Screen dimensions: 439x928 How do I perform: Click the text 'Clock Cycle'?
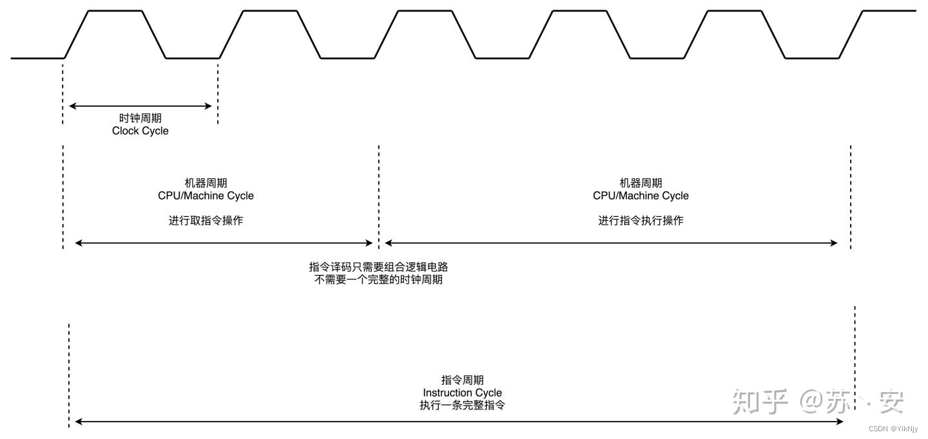140,131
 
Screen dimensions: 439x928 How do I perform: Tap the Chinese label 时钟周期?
140,119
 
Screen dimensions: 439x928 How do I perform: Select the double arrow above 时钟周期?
140,106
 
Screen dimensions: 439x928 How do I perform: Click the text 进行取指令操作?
206,221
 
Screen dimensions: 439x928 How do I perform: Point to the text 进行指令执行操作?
641,221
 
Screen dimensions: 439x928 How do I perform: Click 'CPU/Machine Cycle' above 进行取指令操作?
206,196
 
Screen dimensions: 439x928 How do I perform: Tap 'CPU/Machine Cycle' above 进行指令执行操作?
641,196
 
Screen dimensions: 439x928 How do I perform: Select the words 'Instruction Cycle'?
462,393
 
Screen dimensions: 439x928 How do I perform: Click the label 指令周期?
462,380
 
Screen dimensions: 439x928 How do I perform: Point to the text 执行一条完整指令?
462,406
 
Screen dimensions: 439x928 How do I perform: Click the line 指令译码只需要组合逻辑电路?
378,267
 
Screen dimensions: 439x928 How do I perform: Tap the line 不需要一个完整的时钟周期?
378,281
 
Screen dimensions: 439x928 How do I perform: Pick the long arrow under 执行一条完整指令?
459,422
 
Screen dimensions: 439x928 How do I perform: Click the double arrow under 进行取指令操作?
224,243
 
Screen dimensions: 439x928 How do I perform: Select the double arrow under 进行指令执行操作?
611,243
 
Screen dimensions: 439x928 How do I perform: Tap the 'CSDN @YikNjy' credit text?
893,429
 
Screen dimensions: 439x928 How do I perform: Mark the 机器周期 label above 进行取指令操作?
206,183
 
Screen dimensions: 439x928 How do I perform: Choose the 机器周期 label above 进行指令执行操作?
641,183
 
